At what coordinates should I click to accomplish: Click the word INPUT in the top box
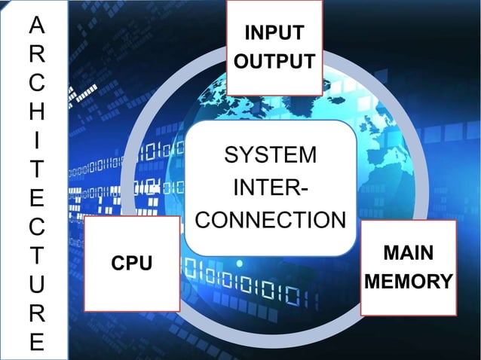point(274,33)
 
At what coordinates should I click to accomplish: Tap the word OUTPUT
point(274,61)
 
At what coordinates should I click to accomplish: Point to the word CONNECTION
point(271,221)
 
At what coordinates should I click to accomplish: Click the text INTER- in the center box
point(271,188)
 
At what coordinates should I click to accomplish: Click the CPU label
point(132,264)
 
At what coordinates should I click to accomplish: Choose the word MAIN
point(408,252)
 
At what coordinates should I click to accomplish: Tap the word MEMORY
point(408,282)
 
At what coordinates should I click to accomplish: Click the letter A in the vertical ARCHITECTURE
point(36,26)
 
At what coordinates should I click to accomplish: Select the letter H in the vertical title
point(36,112)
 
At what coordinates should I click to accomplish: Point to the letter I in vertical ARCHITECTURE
point(36,141)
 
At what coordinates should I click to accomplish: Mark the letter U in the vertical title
point(36,284)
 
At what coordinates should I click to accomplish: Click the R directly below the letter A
point(36,55)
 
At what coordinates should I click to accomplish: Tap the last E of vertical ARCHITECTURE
point(36,341)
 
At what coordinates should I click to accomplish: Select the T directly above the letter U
point(36,255)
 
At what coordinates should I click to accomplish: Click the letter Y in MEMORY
point(446,282)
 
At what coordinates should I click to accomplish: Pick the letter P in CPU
point(132,264)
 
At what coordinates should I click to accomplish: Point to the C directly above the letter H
point(36,84)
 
